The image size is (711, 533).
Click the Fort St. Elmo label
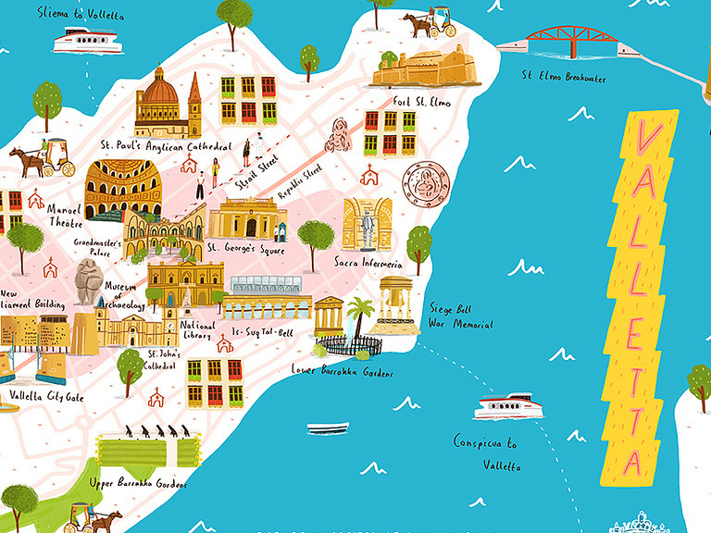[421, 102]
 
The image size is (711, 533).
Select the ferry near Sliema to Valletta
[86, 41]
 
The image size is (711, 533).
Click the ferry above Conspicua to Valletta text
[505, 406]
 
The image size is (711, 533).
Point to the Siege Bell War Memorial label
[460, 316]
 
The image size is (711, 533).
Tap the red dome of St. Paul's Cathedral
[158, 89]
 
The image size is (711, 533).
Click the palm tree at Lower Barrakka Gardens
[358, 315]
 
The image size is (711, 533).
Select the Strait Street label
[256, 177]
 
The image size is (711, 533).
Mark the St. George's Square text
[245, 248]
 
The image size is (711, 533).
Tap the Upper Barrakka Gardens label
[139, 483]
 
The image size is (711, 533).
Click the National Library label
[198, 331]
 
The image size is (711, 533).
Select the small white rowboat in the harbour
[328, 428]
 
